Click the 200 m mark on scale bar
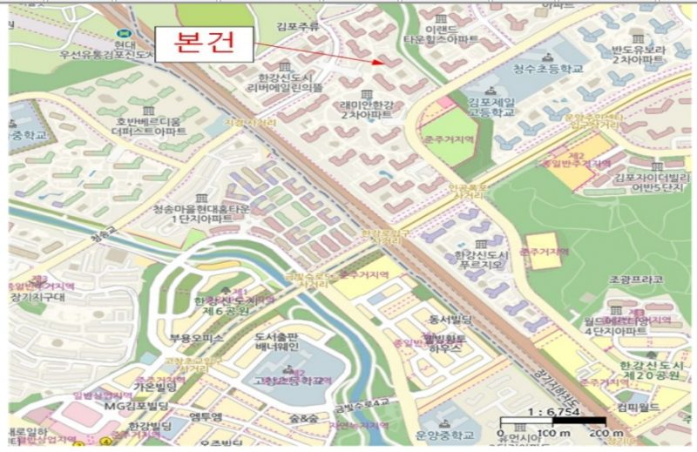tap(599, 433)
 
